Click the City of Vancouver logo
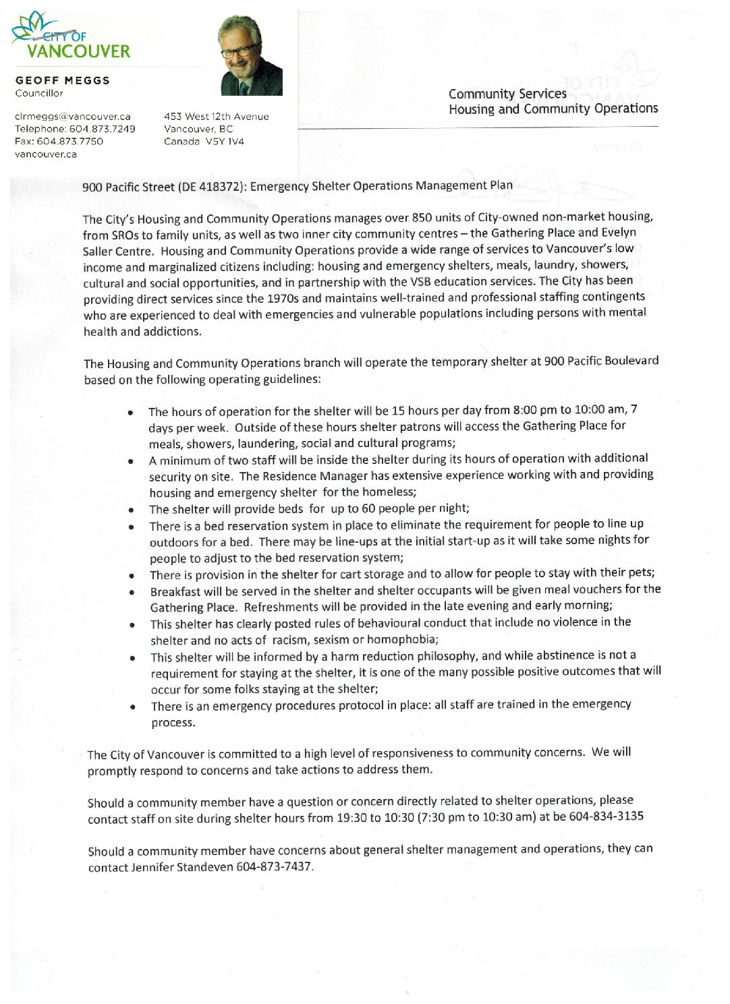pos(71,39)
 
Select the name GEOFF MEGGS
pos(63,80)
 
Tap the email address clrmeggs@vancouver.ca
pos(73,117)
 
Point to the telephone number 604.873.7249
pos(102,129)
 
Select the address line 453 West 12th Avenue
pos(216,117)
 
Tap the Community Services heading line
pos(507,94)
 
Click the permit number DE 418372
pos(209,187)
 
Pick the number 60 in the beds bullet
pos(368,508)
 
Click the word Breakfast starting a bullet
pos(175,591)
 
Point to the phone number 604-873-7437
pos(274,866)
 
